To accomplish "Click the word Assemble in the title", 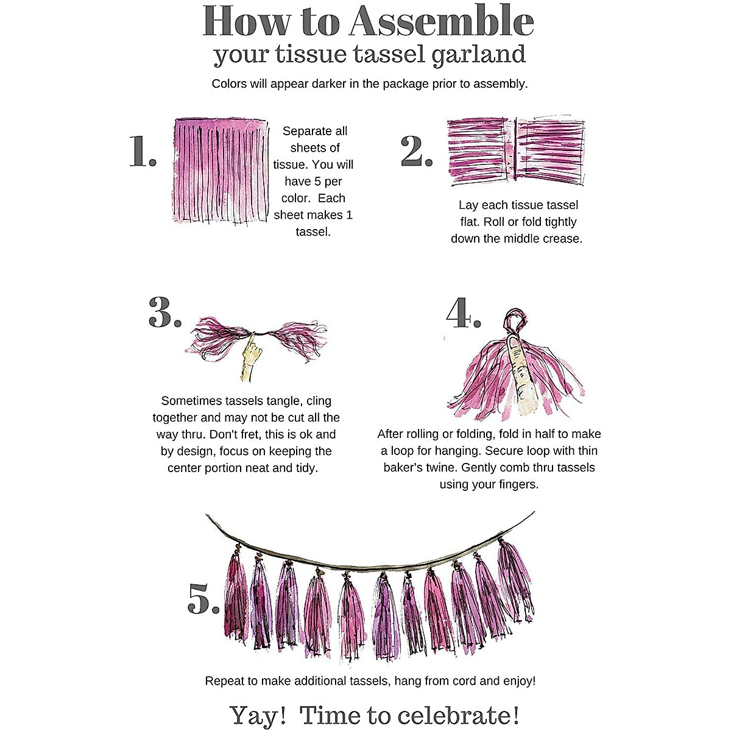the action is tap(442, 21).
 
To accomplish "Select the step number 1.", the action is tap(143, 151).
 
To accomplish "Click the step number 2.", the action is tap(417, 151).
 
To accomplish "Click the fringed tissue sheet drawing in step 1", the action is tap(221, 171).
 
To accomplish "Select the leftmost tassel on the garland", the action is tap(236, 596).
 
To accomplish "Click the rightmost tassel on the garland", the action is tap(516, 581).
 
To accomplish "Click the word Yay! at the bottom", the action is tap(258, 715).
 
